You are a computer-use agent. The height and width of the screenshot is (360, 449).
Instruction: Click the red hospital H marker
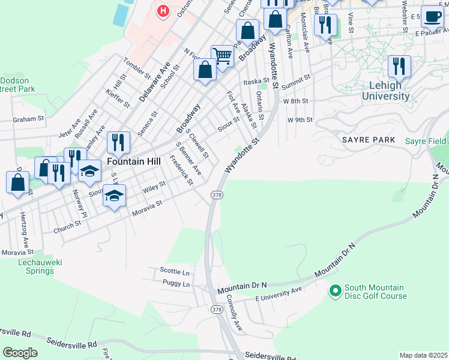162,11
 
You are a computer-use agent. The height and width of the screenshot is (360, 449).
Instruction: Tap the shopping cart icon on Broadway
222,56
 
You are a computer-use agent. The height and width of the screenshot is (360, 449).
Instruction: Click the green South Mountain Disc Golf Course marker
335,291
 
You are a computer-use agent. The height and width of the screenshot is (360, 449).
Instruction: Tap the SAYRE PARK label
369,140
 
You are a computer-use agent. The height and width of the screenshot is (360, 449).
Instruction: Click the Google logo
20,353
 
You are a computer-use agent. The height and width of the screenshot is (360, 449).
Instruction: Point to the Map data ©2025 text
423,355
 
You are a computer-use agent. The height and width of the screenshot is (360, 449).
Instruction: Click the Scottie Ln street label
175,271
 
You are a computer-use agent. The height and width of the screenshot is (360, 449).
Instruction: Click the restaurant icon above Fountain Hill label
118,142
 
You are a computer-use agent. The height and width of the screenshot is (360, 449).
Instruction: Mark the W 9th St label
300,120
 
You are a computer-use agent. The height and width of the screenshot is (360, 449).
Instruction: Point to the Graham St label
29,119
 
